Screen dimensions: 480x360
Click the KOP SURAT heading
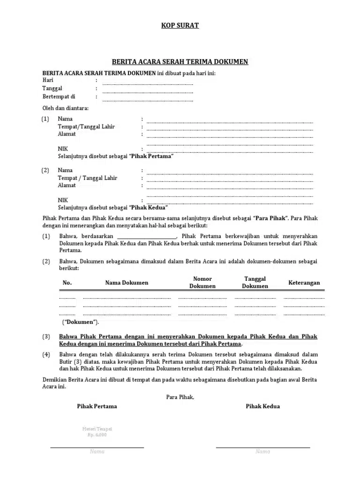[180, 25]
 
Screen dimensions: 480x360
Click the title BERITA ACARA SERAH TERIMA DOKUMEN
[180, 61]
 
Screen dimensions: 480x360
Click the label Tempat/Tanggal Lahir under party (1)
[86, 127]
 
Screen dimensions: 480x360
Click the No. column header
[67, 283]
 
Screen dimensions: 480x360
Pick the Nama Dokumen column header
[127, 283]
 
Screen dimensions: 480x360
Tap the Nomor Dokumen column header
[202, 282]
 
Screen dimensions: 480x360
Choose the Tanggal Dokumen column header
[255, 282]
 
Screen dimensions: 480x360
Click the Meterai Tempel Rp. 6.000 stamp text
[97, 432]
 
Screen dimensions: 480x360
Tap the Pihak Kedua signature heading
[262, 406]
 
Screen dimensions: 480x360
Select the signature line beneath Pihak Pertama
[97, 447]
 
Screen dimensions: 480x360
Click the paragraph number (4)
[46, 354]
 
